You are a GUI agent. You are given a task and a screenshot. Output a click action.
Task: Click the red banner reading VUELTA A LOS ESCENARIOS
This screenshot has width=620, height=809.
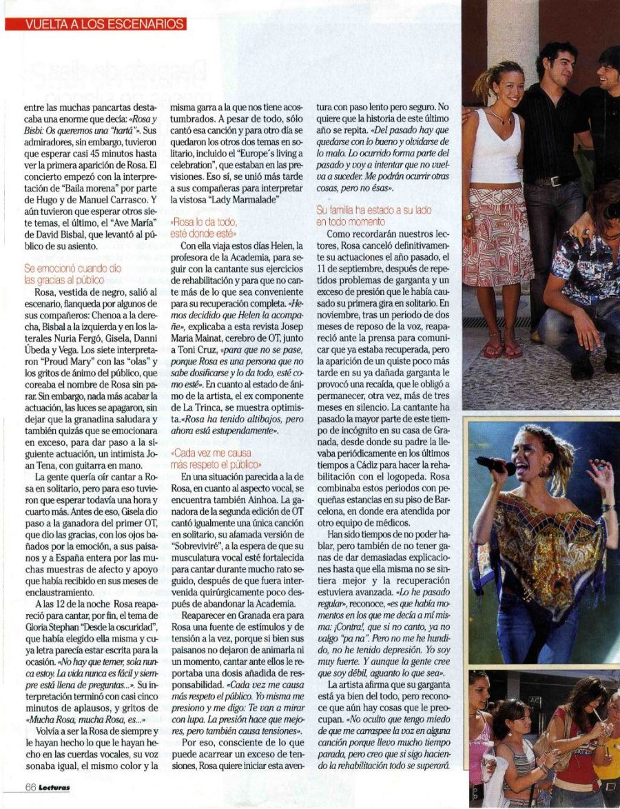tap(96, 24)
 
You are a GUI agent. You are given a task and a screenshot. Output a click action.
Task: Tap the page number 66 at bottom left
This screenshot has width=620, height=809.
tap(31, 788)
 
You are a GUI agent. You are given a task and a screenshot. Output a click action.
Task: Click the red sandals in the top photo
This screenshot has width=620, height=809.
tap(501, 350)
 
